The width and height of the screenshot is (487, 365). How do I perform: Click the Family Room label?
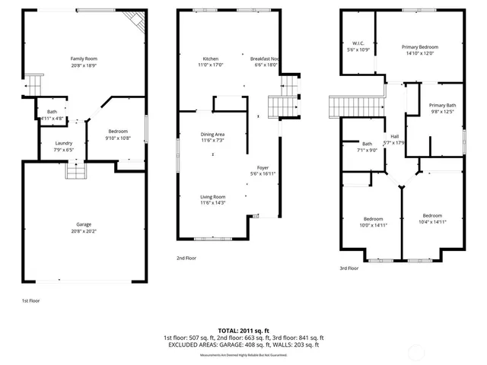[x=84, y=59]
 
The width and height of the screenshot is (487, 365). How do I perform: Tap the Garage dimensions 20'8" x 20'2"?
[x=84, y=230]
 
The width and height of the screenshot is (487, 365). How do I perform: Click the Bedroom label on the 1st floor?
[x=117, y=132]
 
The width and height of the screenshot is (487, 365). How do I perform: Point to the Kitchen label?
[x=211, y=59]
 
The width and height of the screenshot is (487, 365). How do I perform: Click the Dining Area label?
[x=212, y=135]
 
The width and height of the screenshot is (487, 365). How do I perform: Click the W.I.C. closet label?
[x=358, y=44]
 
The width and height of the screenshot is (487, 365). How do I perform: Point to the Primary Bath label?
[x=442, y=105]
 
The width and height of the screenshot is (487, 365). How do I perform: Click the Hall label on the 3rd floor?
[x=395, y=137]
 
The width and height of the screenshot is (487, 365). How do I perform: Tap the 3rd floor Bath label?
[x=367, y=144]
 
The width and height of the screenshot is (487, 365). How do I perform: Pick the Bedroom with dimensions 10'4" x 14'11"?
[x=431, y=215]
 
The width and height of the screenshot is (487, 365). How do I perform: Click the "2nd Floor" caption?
[x=186, y=259]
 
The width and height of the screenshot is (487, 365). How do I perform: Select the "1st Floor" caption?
[x=30, y=301]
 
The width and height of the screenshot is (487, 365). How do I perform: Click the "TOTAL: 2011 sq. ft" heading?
[x=243, y=331]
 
